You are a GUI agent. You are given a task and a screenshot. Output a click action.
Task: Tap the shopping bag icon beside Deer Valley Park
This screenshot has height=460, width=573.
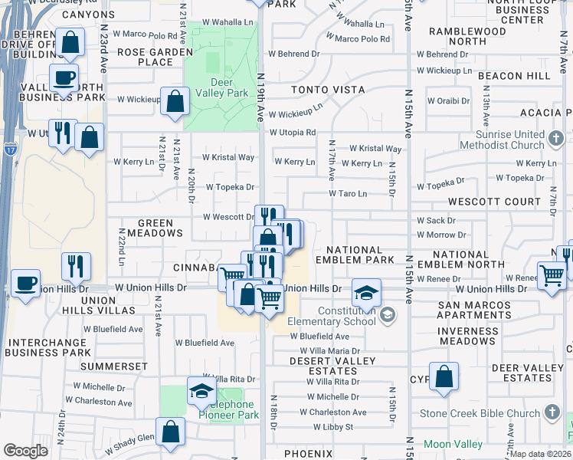pyautogui.click(x=175, y=101)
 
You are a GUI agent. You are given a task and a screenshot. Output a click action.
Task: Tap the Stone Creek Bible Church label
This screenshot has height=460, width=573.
pyautogui.click(x=480, y=413)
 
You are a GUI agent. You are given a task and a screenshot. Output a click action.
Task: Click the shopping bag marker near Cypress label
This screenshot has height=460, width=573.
pyautogui.click(x=444, y=376)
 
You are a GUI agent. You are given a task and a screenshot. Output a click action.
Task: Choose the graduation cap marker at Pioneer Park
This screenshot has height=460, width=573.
pyautogui.click(x=202, y=391)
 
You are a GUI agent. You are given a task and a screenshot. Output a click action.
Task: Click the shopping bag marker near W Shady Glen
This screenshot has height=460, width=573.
pyautogui.click(x=171, y=432)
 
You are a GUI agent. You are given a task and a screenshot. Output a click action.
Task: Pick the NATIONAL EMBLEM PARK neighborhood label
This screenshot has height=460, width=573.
pyautogui.click(x=354, y=255)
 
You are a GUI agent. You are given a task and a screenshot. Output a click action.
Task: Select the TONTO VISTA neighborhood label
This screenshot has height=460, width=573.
pyautogui.click(x=328, y=90)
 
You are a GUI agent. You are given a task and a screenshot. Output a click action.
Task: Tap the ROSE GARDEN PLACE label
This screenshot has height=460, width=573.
pyautogui.click(x=156, y=58)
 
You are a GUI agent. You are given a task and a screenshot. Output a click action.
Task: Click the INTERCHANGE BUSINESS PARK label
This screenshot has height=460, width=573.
pyautogui.click(x=47, y=347)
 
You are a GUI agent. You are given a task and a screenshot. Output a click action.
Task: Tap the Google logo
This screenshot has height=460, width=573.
pyautogui.click(x=26, y=451)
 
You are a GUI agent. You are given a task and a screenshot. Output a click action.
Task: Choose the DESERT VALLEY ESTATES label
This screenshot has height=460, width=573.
pyautogui.click(x=332, y=365)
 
